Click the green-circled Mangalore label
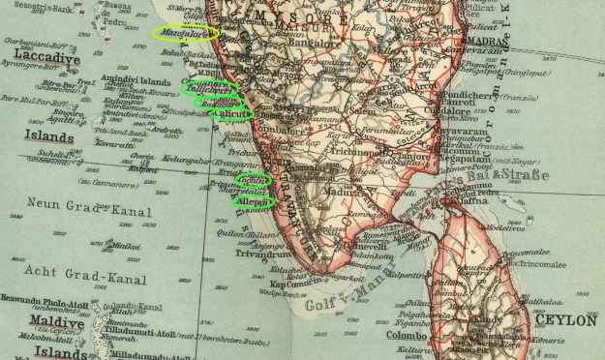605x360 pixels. pos(186,33)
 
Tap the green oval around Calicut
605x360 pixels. pos(230,114)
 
